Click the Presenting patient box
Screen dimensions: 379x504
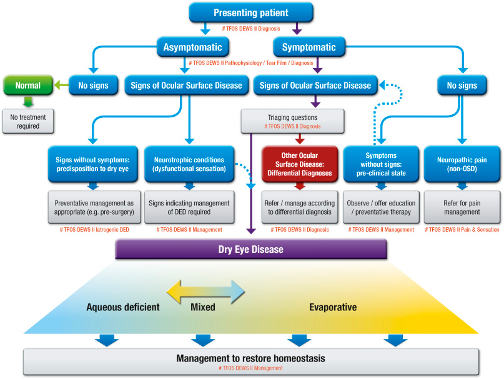point(252,13)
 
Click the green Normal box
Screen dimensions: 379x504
point(27,86)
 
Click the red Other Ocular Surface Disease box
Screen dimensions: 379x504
point(300,164)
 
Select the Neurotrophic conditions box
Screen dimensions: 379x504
point(189,164)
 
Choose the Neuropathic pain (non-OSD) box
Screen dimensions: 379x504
point(463,164)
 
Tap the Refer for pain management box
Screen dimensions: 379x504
point(463,207)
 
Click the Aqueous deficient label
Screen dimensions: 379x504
point(122,307)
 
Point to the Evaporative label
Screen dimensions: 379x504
point(333,307)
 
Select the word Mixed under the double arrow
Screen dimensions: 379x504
point(203,307)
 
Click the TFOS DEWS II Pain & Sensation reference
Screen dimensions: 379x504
point(463,230)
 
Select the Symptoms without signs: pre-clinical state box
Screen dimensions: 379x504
point(381,164)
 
